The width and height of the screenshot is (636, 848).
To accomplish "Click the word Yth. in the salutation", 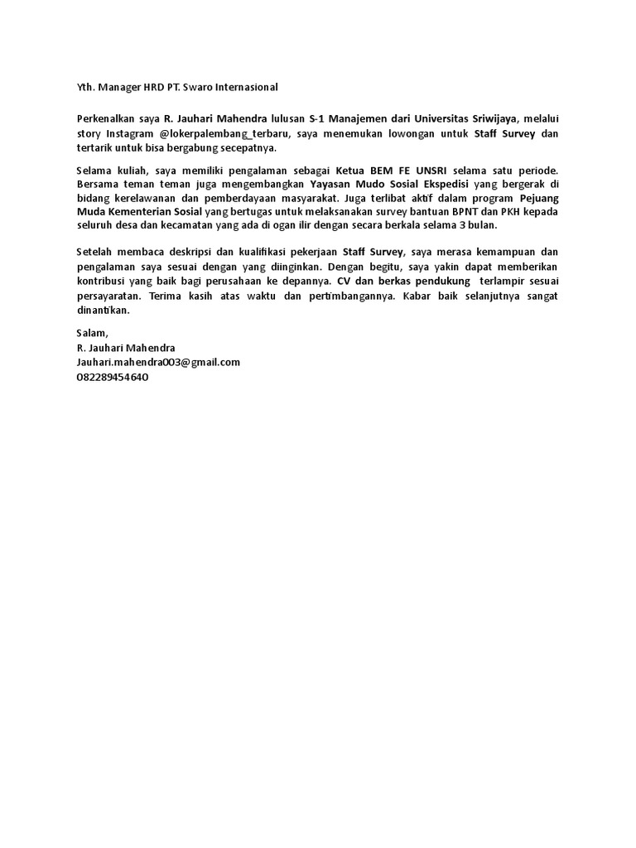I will click(x=86, y=87).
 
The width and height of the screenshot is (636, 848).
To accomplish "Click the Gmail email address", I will click(x=158, y=362).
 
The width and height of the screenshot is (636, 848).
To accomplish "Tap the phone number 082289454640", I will click(x=113, y=376).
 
